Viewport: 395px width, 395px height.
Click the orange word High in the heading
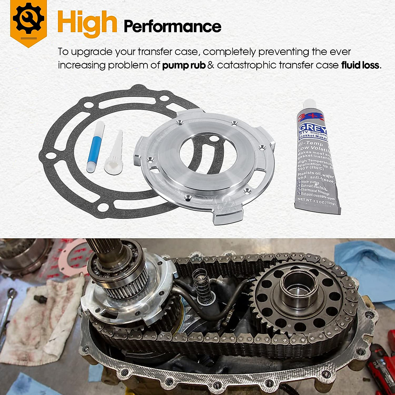point(87,22)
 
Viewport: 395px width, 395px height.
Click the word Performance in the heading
point(172,27)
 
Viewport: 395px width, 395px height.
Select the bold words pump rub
point(184,65)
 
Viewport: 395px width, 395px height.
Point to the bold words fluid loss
point(360,65)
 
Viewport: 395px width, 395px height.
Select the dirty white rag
point(43,316)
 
